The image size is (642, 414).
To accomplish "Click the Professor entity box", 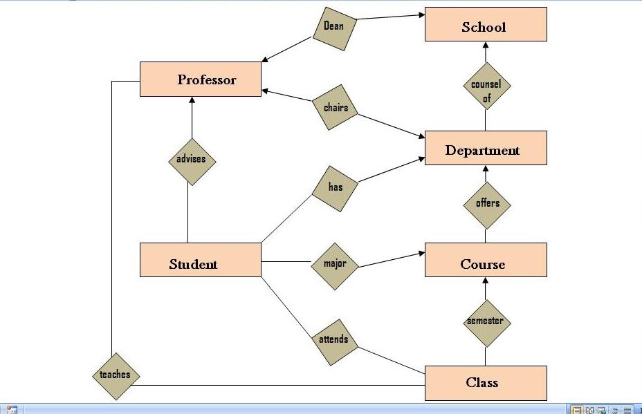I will coord(201,79).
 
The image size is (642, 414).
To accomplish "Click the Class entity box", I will coord(486,383).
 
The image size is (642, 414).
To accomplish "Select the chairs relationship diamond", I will coord(336,108).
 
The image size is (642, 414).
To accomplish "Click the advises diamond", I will coord(192,160).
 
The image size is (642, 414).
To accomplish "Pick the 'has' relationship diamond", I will coord(336,187).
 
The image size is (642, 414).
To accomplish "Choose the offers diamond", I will coord(486,204).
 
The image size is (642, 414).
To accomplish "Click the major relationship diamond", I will coord(335,264).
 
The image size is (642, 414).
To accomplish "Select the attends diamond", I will coord(333,340).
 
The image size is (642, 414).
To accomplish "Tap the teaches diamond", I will coord(115,375).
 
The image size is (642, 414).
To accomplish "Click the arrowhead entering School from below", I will coord(486,46).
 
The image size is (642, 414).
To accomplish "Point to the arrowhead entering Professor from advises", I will coord(192,101).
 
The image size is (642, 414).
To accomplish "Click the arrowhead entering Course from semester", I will coord(486,281).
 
